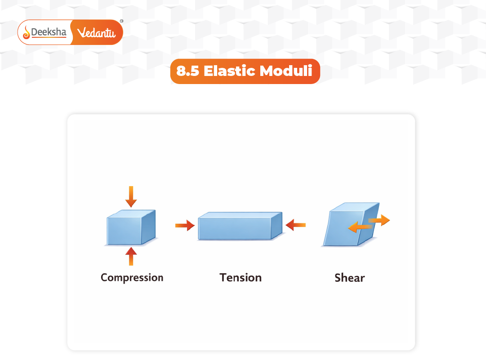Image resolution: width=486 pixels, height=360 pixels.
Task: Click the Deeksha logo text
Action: point(49,32)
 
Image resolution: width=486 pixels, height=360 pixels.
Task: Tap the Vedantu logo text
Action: point(97,33)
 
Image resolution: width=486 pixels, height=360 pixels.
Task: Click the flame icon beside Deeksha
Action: point(27,32)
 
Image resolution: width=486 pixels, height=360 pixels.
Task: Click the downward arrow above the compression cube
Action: point(131,196)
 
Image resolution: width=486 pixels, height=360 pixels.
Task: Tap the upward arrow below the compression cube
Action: point(131,257)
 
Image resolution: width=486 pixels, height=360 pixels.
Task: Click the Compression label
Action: point(132,277)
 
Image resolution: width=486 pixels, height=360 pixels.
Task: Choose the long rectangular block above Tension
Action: point(235,229)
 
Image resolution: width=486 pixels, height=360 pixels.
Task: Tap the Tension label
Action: point(241,277)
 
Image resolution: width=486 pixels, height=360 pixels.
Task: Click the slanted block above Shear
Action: point(342,229)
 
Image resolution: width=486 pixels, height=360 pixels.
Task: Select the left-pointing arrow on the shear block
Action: point(360,228)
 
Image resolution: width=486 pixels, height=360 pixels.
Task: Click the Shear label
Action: point(349,278)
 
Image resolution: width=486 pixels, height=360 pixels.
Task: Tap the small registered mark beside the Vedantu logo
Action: point(121,21)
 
